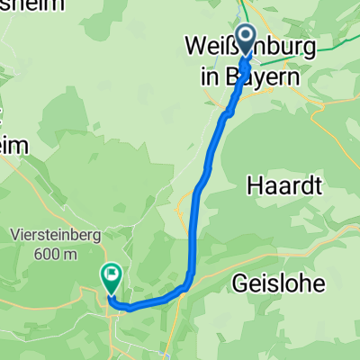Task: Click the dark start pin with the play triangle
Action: pos(247,37)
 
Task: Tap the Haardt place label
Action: pos(284,185)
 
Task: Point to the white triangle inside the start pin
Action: pos(247,35)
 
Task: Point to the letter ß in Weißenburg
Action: pos(232,45)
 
